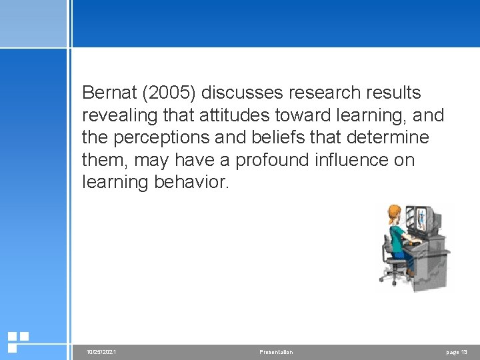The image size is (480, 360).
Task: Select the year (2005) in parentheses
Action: pyautogui.click(x=175, y=93)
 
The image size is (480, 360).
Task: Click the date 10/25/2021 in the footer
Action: pyautogui.click(x=101, y=352)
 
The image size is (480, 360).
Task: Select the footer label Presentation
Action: pyautogui.click(x=276, y=352)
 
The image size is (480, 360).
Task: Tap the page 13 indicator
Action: pyautogui.click(x=456, y=352)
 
